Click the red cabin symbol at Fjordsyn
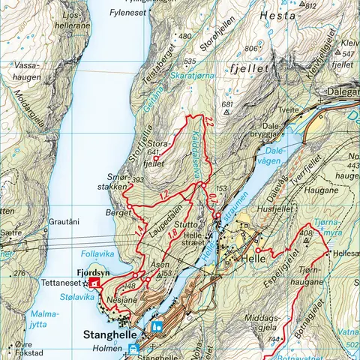[94, 283]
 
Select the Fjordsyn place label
[93, 273]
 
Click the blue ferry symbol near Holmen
[133, 349]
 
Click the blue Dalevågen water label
[274, 155]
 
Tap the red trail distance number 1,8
[172, 237]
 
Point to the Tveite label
[289, 109]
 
